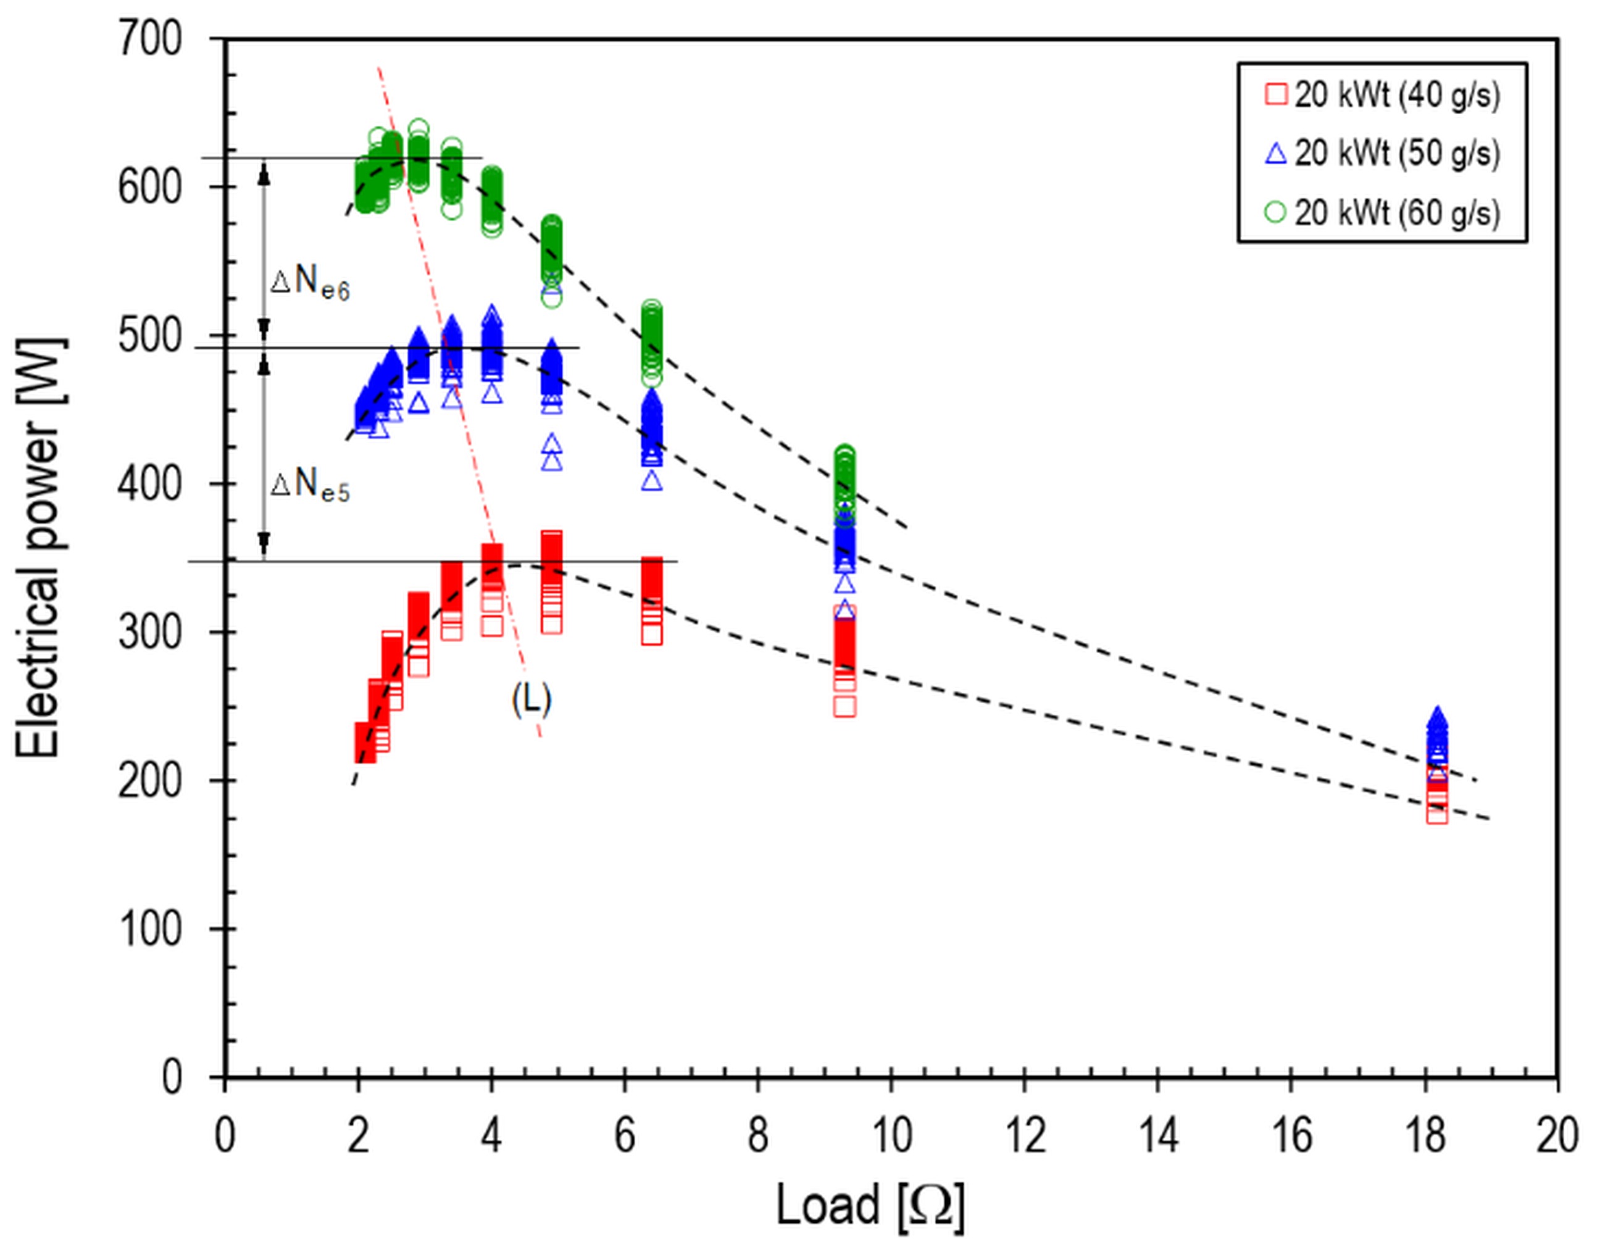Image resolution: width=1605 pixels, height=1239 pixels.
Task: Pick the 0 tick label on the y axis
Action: tap(170, 1077)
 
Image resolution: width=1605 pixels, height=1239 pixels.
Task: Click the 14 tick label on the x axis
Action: tap(1157, 1135)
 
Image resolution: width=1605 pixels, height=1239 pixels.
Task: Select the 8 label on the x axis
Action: tap(757, 1135)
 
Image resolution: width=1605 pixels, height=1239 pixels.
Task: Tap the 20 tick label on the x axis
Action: tap(1556, 1135)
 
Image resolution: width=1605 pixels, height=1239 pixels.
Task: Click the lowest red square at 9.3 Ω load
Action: tap(845, 706)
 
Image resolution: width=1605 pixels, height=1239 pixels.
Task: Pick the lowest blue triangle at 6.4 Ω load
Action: tap(652, 482)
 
